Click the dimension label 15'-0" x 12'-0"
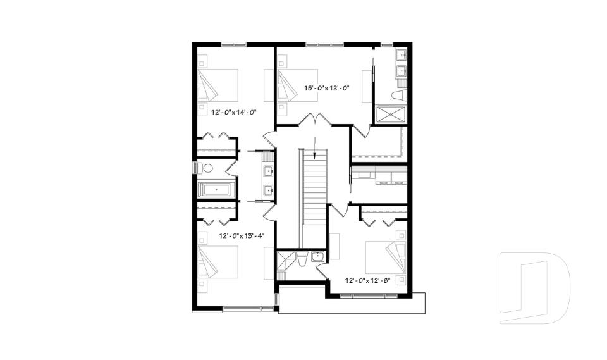point(327,89)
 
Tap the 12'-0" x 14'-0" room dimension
point(233,112)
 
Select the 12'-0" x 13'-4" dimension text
point(241,235)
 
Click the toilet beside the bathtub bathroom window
point(206,168)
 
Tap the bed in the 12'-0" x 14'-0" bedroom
point(218,85)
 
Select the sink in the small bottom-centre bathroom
point(317,256)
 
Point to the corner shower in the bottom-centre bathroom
point(286,260)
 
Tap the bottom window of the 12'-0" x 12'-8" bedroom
point(365,295)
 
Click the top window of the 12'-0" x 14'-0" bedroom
point(234,44)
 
